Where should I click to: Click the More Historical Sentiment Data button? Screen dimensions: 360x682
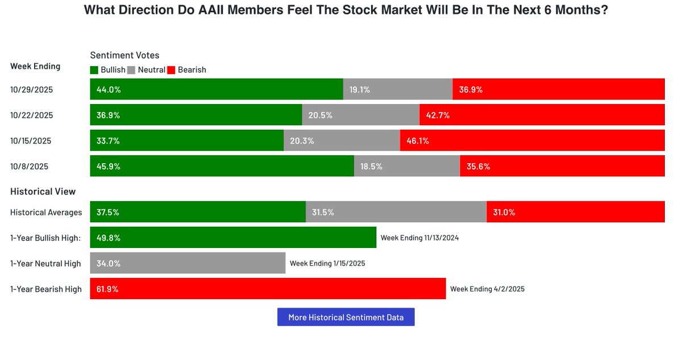click(346, 317)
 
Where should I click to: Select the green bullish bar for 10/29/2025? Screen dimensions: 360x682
click(217, 89)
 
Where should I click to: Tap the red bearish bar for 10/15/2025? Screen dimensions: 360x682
click(532, 140)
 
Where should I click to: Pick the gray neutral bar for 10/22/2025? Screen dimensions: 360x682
click(360, 115)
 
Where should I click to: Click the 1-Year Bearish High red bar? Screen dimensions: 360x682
click(268, 289)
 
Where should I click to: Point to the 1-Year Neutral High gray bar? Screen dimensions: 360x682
click(188, 263)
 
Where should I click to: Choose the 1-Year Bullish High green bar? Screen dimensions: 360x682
click(233, 238)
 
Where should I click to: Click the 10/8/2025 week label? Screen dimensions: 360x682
click(29, 167)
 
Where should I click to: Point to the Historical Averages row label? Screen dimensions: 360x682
click(46, 212)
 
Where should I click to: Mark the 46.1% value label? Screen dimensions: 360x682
click(417, 140)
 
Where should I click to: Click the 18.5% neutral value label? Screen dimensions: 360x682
click(371, 167)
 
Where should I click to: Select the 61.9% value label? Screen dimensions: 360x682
click(108, 289)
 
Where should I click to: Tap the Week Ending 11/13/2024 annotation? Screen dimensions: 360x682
click(419, 238)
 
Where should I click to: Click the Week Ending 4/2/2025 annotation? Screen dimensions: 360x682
click(487, 289)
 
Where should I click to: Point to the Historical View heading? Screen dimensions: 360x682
click(43, 192)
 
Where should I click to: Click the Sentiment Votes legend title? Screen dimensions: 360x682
click(124, 55)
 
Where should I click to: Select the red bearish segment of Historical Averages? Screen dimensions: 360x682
click(576, 212)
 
